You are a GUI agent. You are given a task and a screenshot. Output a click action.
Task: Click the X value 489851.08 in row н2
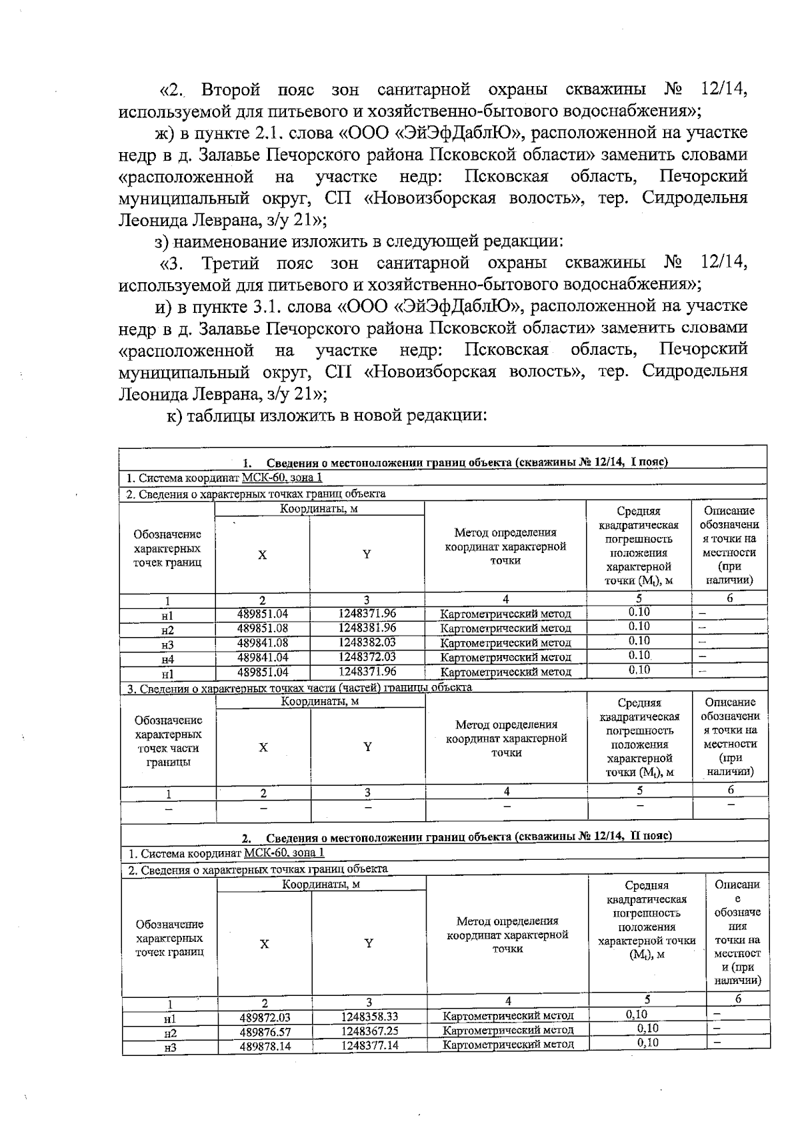pyautogui.click(x=263, y=628)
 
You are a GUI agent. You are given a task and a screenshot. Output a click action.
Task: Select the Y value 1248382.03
pyautogui.click(x=367, y=642)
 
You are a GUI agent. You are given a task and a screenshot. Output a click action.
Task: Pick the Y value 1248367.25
pyautogui.click(x=369, y=1031)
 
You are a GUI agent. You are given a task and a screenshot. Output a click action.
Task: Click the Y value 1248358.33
pyautogui.click(x=369, y=1017)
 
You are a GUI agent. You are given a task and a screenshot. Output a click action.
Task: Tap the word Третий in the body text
pyautogui.click(x=231, y=263)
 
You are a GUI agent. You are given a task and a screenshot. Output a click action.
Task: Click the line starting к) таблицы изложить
pyautogui.click(x=327, y=416)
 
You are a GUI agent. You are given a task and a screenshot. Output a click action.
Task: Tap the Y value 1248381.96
pyautogui.click(x=367, y=628)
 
